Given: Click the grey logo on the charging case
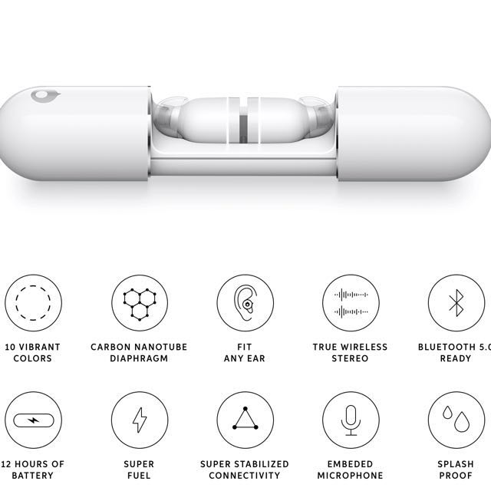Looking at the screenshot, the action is [x=45, y=95].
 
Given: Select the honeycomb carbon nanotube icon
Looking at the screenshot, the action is [x=140, y=303].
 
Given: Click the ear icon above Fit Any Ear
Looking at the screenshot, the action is [x=245, y=303].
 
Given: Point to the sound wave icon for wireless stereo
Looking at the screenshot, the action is [x=351, y=303].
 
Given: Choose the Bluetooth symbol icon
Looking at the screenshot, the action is [x=456, y=303].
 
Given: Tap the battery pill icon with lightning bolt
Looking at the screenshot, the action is [x=33, y=420].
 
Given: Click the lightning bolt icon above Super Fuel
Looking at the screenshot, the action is [x=140, y=420].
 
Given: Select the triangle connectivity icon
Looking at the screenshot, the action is [x=245, y=420].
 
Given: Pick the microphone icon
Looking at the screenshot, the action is [x=351, y=420].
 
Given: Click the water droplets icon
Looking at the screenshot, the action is [x=456, y=420].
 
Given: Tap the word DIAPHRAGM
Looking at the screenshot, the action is [x=139, y=358].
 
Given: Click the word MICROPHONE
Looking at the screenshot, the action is [x=350, y=476].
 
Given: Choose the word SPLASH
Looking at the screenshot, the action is [x=456, y=464].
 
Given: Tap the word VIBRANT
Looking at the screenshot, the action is [x=39, y=347].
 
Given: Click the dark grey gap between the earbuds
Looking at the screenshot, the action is [x=243, y=129].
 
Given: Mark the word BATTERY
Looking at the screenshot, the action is [x=32, y=476].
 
